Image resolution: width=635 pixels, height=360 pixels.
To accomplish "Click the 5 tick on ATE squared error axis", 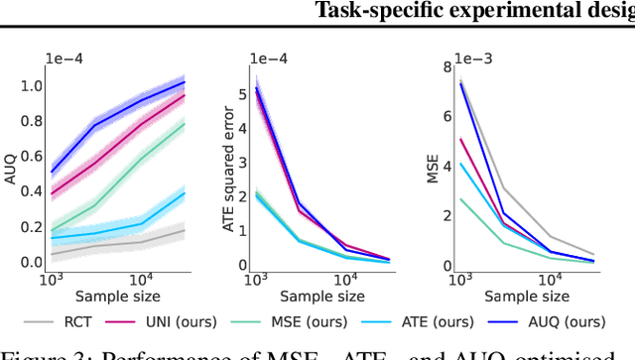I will click(x=241, y=94).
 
